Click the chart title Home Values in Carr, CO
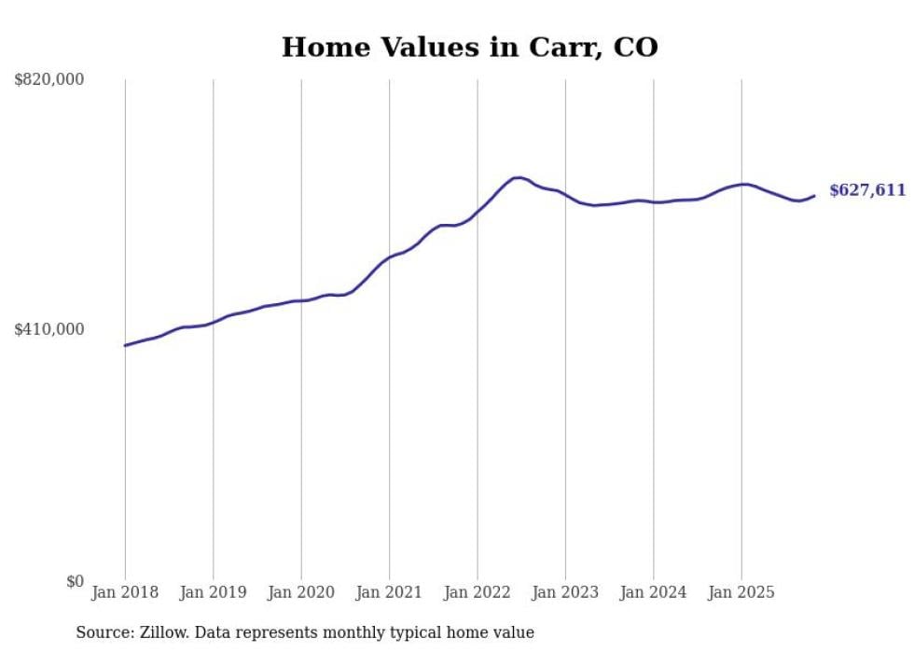pyautogui.click(x=469, y=47)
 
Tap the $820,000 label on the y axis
pyautogui.click(x=49, y=80)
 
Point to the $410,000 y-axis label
pyautogui.click(x=49, y=329)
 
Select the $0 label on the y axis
pyautogui.click(x=75, y=582)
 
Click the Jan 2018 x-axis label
pyautogui.click(x=125, y=592)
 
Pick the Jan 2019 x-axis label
pyautogui.click(x=213, y=592)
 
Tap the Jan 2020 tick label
pyautogui.click(x=301, y=592)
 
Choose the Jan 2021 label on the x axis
pyautogui.click(x=389, y=592)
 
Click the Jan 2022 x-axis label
pyautogui.click(x=478, y=592)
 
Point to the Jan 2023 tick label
pyautogui.click(x=565, y=592)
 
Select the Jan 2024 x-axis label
pyautogui.click(x=653, y=592)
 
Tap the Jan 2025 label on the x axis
pyautogui.click(x=741, y=592)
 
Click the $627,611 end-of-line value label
pyautogui.click(x=867, y=190)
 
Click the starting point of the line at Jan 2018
pyautogui.click(x=125, y=345)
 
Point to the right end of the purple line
pyautogui.click(x=814, y=195)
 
